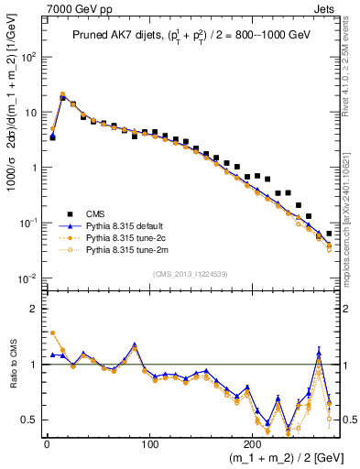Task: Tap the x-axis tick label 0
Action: click(x=47, y=442)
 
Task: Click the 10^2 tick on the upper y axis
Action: click(x=27, y=57)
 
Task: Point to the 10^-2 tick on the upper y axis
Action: click(x=27, y=278)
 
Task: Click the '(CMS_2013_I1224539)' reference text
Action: click(x=191, y=272)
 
